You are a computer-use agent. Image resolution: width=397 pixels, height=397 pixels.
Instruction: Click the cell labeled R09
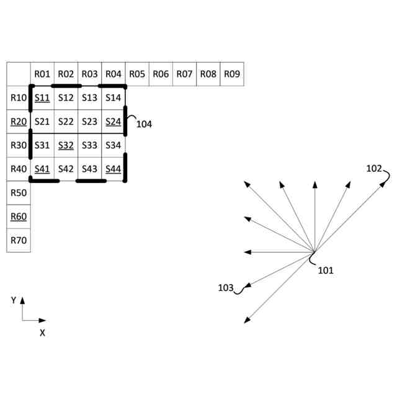point(231,74)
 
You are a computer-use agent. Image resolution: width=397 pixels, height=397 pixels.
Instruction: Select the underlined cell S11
point(42,98)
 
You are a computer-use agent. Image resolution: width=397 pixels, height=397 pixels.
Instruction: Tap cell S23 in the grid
point(89,122)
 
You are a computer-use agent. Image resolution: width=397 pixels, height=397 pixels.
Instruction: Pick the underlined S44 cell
point(113,169)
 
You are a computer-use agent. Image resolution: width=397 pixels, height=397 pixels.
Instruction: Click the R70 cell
point(19,240)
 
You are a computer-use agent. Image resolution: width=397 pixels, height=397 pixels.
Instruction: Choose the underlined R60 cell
point(19,216)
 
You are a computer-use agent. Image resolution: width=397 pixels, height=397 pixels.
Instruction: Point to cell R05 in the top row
point(137,74)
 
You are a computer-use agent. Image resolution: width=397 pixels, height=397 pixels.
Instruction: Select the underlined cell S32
point(66,145)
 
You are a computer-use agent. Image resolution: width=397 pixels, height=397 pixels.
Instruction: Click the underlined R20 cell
point(19,122)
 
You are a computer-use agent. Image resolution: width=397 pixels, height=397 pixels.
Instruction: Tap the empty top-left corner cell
point(19,74)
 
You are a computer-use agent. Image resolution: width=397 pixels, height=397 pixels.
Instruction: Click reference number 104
point(144,124)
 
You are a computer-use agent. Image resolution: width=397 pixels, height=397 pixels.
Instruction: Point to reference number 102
point(374,168)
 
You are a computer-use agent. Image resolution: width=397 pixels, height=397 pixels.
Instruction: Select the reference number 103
point(226,288)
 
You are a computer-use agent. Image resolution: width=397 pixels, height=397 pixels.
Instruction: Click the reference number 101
point(326,270)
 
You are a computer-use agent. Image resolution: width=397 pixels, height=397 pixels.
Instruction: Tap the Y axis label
point(14,300)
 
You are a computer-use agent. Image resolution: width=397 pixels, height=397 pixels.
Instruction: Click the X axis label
point(42,332)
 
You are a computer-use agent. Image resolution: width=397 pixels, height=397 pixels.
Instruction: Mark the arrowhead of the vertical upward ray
point(315,184)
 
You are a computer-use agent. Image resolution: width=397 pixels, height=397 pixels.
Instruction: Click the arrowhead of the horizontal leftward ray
point(247,252)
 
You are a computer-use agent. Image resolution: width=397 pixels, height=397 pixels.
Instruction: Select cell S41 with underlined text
point(42,169)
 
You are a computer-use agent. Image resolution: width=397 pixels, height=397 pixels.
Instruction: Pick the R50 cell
point(19,193)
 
